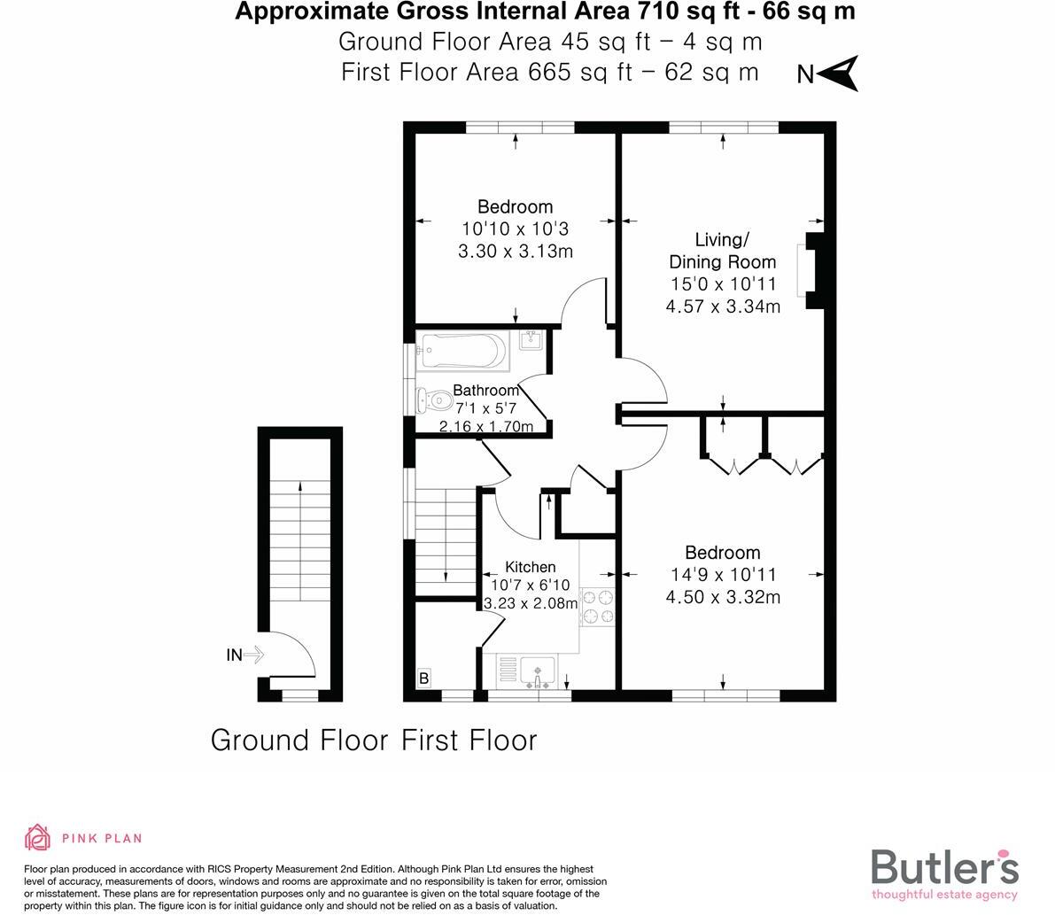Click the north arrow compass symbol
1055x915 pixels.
[837, 74]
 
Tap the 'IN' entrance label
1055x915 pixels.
[234, 655]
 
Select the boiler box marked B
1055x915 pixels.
[424, 678]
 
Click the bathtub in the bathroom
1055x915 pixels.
[463, 352]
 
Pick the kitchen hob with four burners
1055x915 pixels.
[597, 607]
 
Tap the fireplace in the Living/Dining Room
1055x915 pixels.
[811, 271]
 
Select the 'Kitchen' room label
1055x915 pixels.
[530, 567]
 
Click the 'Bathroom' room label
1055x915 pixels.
[485, 391]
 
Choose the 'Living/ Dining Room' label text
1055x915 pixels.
[722, 251]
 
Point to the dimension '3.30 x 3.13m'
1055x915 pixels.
[515, 252]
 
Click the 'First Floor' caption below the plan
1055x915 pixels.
[469, 740]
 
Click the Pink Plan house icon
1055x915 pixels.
[38, 837]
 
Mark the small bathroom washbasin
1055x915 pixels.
[532, 340]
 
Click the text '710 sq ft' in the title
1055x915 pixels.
[679, 12]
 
